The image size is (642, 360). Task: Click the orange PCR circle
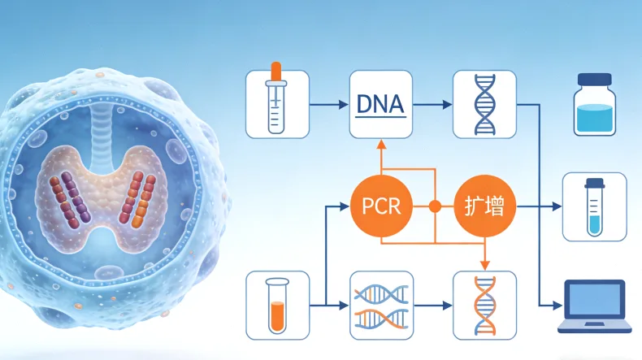[380, 206]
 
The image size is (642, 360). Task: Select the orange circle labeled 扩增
[484, 206]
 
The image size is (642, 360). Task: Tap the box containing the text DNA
[380, 103]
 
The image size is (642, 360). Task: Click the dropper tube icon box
[277, 103]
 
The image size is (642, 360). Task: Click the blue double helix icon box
[484, 103]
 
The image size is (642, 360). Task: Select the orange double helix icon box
[484, 305]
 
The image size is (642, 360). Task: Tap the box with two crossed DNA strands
[380, 305]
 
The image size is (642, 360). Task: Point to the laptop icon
[595, 306]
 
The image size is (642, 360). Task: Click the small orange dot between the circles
[435, 206]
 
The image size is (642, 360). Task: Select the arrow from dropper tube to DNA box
[329, 104]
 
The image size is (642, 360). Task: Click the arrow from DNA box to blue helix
[432, 104]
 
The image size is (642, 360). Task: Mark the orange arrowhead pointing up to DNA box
[380, 145]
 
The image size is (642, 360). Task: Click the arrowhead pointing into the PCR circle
[346, 206]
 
